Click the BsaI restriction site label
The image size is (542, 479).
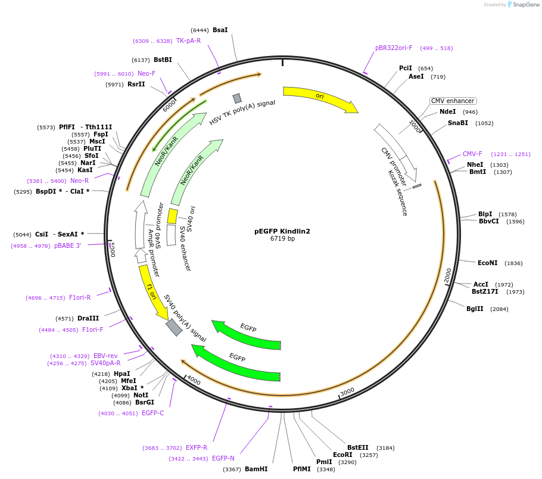(220, 30)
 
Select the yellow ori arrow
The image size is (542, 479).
(320, 98)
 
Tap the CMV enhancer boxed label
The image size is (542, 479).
(453, 101)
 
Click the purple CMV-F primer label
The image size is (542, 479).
(472, 154)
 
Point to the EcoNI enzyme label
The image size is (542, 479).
(487, 263)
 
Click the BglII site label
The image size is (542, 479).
(475, 309)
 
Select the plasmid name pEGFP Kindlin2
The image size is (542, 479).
(282, 231)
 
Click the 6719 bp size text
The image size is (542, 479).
(282, 239)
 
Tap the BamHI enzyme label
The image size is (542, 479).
(256, 469)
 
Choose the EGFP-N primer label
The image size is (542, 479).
(223, 458)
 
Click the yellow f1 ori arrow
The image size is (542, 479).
(152, 293)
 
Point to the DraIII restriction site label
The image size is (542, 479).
(88, 318)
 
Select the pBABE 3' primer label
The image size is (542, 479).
(67, 245)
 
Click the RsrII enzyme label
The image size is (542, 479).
(136, 84)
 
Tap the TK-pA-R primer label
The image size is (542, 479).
(188, 41)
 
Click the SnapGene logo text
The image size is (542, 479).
(524, 4)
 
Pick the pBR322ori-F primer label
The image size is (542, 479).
(394, 48)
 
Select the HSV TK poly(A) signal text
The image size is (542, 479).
(242, 112)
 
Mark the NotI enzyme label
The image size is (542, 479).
(141, 395)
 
